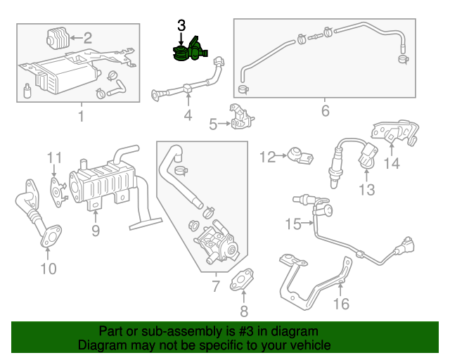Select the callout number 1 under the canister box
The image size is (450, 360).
click(80, 116)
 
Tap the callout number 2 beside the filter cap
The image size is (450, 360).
click(87, 37)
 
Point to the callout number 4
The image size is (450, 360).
click(188, 116)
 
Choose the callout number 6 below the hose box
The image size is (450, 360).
click(325, 111)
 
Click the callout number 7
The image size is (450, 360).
click(216, 285)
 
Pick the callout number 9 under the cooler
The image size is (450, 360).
click(95, 230)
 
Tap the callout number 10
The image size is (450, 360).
click(48, 268)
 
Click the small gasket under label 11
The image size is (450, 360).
click(56, 188)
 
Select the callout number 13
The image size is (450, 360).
click(366, 189)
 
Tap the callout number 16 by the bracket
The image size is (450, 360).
click(340, 304)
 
